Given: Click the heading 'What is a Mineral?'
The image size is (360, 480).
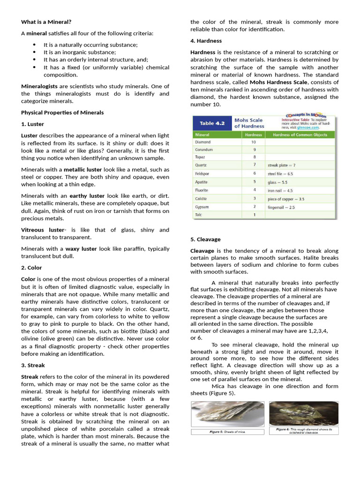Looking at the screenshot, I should point(46,22).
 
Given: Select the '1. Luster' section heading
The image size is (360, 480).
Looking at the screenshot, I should point(32,124).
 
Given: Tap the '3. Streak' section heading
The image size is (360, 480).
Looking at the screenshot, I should point(33,365).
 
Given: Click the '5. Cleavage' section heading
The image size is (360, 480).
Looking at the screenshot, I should point(205,239).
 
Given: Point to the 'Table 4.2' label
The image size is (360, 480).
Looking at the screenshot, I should point(212,123).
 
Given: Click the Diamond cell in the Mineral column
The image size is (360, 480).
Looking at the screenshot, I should point(203,142).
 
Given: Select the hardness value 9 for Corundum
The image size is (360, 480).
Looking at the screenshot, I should point(253,150).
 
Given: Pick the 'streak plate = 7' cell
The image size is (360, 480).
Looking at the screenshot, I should point(281,165).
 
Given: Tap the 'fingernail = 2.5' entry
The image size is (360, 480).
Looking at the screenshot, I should point(281,207).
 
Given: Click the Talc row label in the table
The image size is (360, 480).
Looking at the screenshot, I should point(199,215).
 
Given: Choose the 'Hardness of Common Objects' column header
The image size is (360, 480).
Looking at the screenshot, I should point(300,135).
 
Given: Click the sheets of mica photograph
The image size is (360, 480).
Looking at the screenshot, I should point(227,414).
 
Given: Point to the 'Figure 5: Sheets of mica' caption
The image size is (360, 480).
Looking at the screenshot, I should point(227,432).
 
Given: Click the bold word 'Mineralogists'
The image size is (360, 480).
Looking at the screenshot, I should point(39,86).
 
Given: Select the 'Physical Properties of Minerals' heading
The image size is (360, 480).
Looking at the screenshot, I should point(62,112).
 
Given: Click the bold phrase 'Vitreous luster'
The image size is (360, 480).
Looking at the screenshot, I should point(43,230).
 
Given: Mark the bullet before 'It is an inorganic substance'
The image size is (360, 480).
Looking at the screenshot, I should point(34,52).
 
